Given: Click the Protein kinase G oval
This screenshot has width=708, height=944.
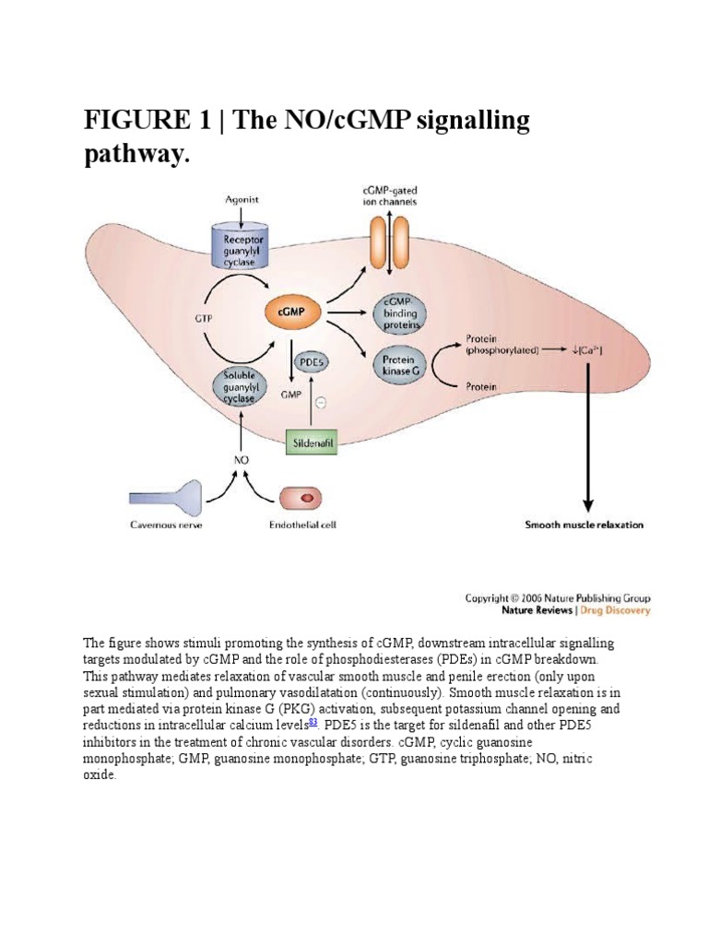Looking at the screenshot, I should [x=397, y=363].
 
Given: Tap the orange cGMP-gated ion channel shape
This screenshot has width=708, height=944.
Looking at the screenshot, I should [x=389, y=241].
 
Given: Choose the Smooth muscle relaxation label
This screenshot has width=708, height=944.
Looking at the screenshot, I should [x=584, y=525].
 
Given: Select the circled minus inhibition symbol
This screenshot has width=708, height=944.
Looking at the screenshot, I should [x=319, y=402].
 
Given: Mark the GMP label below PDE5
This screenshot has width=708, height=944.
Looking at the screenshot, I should [x=289, y=393].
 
